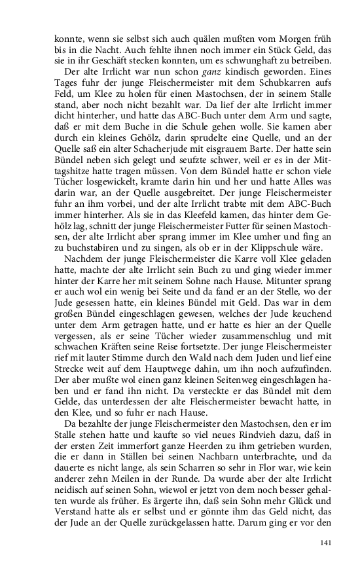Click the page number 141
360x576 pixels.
[327, 543]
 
